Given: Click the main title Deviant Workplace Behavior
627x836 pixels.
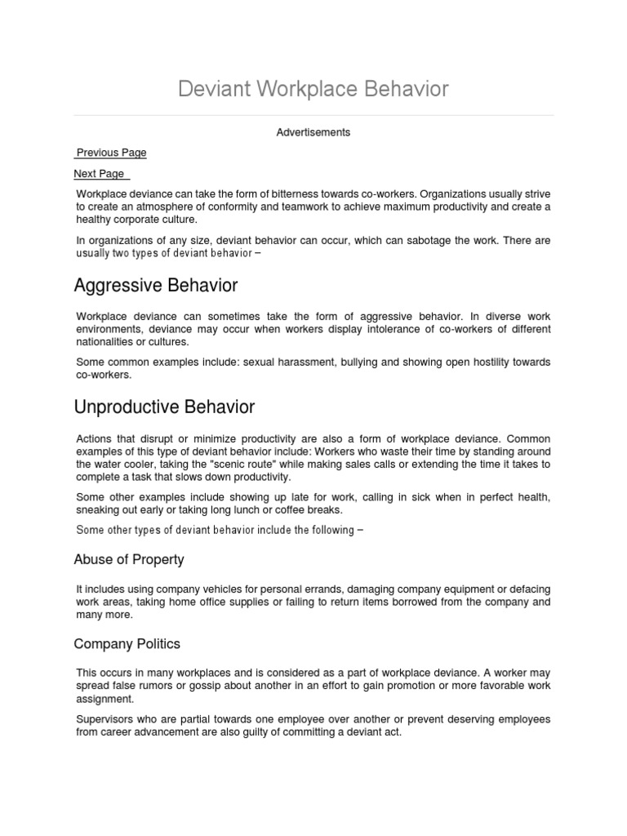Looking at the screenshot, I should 313,88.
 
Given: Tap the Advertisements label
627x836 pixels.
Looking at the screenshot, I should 313,132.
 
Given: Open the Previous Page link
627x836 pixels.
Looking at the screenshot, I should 111,153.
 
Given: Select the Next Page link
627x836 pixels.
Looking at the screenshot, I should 100,174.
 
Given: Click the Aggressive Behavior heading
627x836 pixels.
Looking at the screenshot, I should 156,286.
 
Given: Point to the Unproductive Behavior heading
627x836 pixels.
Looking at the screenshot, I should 164,407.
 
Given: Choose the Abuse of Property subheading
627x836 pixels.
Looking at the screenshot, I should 129,560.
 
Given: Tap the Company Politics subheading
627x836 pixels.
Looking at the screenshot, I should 127,644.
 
